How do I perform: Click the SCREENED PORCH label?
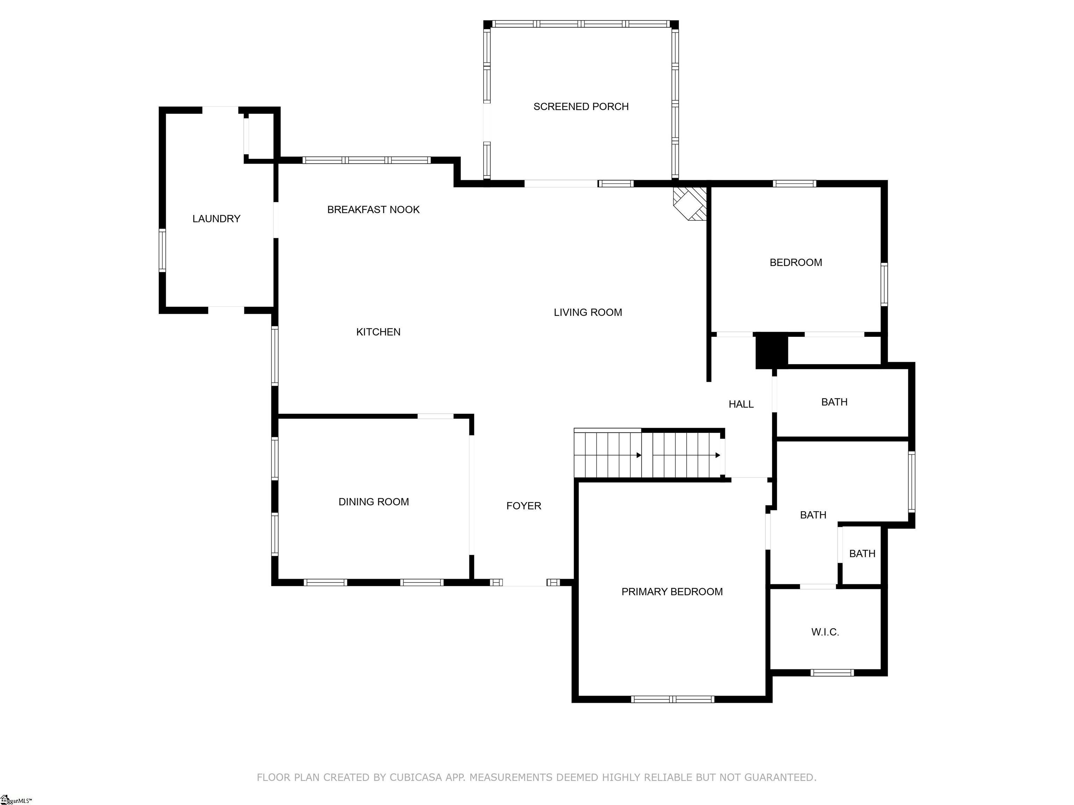pos(581,107)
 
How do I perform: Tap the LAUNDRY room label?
pos(216,219)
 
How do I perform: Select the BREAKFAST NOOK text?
pos(373,210)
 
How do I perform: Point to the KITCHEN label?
pos(378,332)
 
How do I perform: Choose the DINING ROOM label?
pos(373,502)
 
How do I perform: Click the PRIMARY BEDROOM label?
pos(672,592)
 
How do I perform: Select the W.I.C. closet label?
pos(825,632)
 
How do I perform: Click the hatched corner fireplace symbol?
pos(690,203)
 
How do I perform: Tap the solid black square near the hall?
pos(771,350)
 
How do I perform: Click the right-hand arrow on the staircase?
pos(718,455)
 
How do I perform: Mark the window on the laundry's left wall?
pos(162,251)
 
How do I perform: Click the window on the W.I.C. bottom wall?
pos(832,673)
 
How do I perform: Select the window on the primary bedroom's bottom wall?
pos(672,699)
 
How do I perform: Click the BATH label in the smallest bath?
pos(862,554)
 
